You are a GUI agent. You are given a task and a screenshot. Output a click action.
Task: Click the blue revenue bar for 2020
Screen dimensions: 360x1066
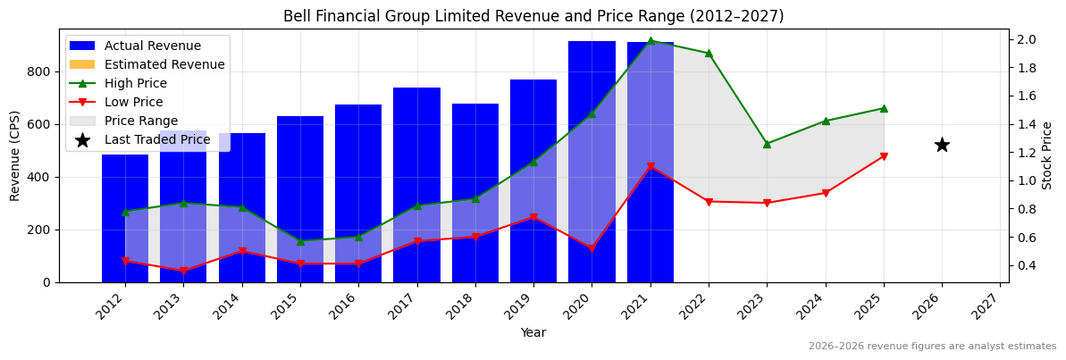click(592, 161)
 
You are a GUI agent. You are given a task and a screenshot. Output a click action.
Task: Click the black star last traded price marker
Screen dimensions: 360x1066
click(942, 145)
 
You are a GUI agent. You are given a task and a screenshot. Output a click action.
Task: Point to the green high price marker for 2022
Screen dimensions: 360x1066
click(709, 54)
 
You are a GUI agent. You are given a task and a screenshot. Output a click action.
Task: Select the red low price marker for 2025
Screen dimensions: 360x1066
click(884, 156)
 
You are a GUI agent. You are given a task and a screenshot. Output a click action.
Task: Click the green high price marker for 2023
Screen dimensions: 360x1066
click(767, 144)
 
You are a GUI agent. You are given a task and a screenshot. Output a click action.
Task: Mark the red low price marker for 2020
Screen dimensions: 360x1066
click(592, 248)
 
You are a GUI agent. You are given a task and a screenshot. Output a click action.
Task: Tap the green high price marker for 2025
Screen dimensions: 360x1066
click(884, 108)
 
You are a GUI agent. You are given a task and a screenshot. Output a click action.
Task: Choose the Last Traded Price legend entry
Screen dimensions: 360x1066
click(157, 139)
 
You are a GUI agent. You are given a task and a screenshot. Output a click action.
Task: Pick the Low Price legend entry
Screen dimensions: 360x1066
click(135, 102)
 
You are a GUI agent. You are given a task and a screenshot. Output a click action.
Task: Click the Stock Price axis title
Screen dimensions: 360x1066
click(1048, 155)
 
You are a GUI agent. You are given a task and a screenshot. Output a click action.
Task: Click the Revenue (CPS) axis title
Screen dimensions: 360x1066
click(15, 155)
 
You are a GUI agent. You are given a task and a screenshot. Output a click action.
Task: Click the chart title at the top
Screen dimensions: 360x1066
click(533, 16)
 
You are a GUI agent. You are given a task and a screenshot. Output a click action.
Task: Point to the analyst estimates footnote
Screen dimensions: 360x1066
click(932, 347)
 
